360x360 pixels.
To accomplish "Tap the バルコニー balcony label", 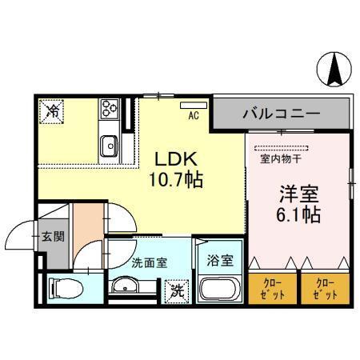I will (282, 114).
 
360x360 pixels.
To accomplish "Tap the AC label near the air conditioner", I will (193, 115).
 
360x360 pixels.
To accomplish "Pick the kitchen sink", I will (110, 146).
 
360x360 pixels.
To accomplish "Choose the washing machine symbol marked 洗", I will (175, 290).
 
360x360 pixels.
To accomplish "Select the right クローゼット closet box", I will (323, 287).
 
